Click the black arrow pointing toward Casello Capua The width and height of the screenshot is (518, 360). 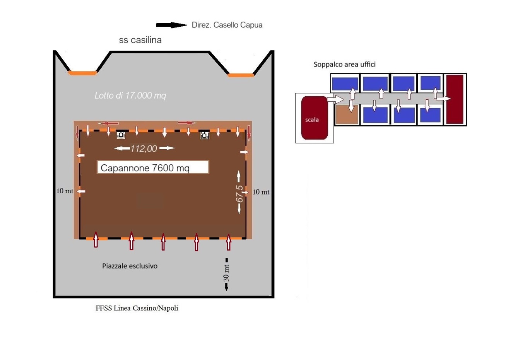171,25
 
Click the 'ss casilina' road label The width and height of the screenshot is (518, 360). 140,40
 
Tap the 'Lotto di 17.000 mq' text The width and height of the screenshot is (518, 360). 130,95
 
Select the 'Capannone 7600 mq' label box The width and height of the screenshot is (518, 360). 153,167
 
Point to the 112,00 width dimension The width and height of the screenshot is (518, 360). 144,148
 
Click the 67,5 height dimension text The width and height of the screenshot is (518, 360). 240,193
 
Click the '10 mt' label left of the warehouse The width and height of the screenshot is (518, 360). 65,191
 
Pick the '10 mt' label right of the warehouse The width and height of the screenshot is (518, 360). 261,192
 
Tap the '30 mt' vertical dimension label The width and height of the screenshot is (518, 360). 226,273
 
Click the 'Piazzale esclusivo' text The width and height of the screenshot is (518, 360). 130,266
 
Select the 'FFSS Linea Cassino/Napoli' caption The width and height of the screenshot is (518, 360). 137,308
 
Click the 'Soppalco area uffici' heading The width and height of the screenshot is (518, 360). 344,65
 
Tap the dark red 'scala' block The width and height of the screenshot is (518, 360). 314,118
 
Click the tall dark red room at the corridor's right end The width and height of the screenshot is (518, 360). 455,99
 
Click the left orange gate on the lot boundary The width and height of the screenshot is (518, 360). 82,73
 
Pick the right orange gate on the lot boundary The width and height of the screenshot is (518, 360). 241,75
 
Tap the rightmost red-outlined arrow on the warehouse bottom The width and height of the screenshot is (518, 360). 229,242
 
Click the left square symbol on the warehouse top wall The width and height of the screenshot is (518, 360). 121,135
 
